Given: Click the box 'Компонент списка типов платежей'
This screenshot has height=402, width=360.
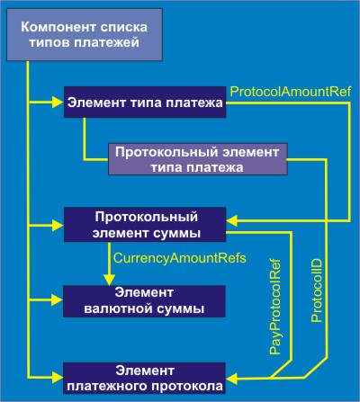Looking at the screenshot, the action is tap(85, 34).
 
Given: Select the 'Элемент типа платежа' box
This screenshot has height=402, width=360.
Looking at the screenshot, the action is tap(145, 103).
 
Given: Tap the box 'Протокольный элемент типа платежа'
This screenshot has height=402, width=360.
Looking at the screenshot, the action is tap(198, 159).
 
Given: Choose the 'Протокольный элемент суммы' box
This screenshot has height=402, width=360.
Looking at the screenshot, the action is tap(145, 225).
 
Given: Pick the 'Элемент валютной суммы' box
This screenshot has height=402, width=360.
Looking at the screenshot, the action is tap(144, 301).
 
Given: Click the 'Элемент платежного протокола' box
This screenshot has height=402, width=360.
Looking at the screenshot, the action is tap(144, 378).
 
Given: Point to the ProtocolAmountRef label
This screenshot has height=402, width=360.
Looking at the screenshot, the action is tap(291, 92).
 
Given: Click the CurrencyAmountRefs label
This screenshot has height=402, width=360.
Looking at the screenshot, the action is tap(180, 258).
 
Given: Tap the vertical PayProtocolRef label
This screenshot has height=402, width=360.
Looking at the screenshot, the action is tap(274, 307).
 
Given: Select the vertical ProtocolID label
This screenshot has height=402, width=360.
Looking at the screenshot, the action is tap(317, 290).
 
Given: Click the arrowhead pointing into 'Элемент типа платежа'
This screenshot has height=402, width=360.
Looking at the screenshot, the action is tap(58, 103).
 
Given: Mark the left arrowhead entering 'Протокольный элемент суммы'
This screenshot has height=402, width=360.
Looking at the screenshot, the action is tap(58, 226).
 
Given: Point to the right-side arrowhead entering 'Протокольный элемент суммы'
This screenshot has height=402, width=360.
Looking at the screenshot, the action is tap(232, 221).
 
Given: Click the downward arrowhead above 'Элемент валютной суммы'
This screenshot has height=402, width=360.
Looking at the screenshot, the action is tap(109, 280).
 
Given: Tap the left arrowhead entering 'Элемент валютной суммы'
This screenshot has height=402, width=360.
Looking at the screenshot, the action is tap(58, 299).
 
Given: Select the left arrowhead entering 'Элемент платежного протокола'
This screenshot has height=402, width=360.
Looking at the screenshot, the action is tap(58, 377).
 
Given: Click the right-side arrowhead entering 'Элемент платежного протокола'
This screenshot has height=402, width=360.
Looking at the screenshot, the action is tap(231, 379).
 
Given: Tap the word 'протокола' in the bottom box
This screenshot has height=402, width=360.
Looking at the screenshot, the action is tap(188, 386).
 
